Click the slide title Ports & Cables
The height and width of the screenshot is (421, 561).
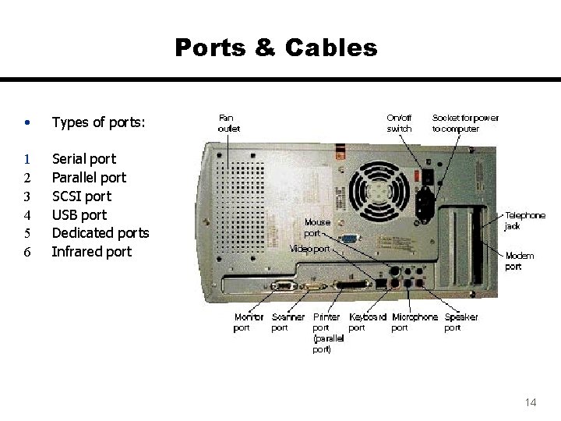tap(276, 48)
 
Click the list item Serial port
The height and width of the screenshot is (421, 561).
tap(83, 159)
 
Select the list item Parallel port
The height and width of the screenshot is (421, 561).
tap(88, 178)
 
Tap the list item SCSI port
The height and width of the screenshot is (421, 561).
tap(81, 196)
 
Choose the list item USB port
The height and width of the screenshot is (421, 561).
tap(79, 214)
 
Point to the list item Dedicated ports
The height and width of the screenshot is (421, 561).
tap(100, 233)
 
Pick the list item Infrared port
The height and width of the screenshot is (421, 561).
tap(91, 251)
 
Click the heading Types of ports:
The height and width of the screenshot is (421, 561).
tap(98, 122)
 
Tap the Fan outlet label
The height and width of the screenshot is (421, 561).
tap(229, 122)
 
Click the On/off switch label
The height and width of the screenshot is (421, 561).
tap(400, 122)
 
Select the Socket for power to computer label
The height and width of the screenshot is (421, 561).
tap(466, 122)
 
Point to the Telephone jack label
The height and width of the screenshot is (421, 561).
tap(525, 221)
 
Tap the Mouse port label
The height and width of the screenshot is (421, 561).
tap(317, 227)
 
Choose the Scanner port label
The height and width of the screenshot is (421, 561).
tap(288, 322)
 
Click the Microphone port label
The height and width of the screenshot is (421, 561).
tap(415, 322)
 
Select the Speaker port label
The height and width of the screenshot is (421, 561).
tap(461, 322)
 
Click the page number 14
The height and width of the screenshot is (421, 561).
tap(531, 402)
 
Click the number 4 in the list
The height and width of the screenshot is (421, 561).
tap(27, 214)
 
